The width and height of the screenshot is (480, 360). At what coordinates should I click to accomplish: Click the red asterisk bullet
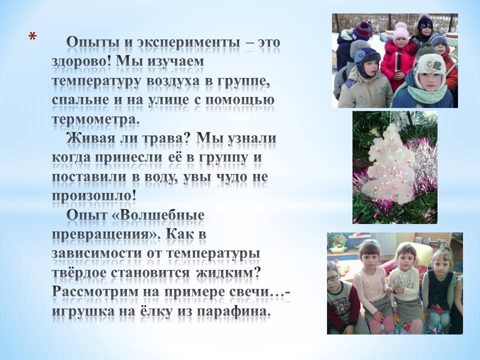[32, 36]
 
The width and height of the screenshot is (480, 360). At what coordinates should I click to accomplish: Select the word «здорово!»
[81, 61]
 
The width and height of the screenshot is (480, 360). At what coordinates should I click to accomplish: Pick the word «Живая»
[90, 138]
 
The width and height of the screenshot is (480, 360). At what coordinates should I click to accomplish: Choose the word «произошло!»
[94, 196]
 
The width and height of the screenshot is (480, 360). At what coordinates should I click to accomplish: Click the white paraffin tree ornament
[391, 166]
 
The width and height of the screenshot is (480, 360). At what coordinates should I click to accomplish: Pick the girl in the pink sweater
[371, 284]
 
